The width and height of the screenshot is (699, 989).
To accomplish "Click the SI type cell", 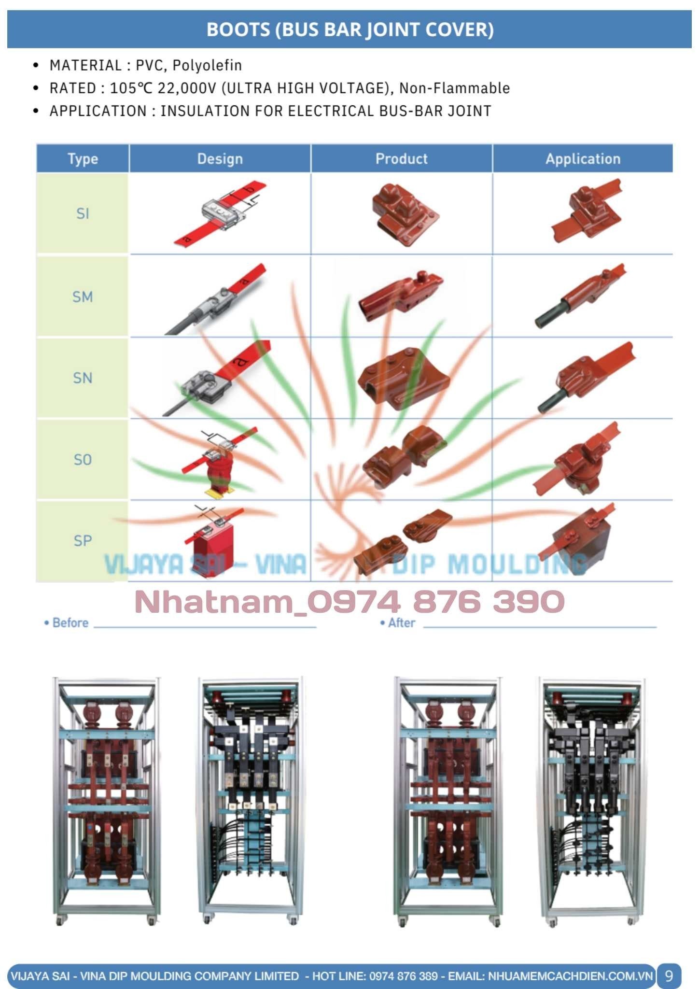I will (x=83, y=213).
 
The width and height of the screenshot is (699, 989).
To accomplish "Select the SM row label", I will (x=83, y=297).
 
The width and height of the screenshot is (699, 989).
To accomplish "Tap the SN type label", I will (x=83, y=378).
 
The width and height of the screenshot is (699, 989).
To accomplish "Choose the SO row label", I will (x=83, y=459).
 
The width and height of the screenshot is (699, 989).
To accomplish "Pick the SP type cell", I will (x=83, y=540).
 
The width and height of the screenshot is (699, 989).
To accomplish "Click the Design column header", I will (x=220, y=159).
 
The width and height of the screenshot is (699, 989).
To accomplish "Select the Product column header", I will (x=401, y=159).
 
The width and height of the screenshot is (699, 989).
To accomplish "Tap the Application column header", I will (x=583, y=159).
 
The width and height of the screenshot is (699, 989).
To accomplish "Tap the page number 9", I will (x=669, y=976).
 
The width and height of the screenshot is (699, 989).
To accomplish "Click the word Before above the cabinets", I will (x=70, y=623).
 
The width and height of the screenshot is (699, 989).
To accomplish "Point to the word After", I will (x=401, y=623).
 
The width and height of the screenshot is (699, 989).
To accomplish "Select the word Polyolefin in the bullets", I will (x=207, y=65).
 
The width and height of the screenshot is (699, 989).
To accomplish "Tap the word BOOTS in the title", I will (x=238, y=30).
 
